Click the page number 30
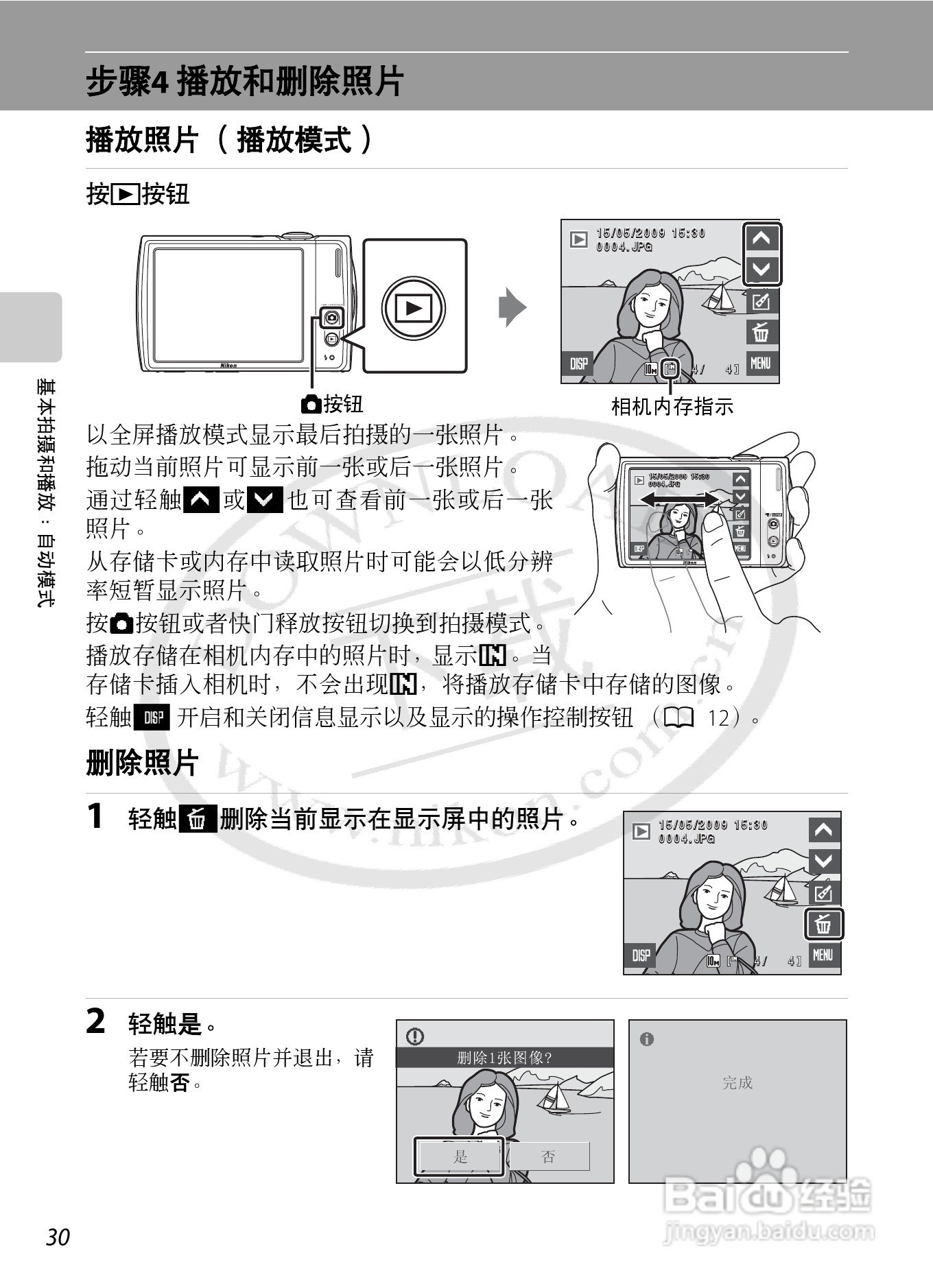coord(58,1237)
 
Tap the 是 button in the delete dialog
coord(459,1156)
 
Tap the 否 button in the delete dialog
coord(548,1156)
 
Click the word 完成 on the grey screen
coord(737,1082)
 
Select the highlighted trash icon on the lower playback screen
coord(823,925)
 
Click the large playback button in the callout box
coord(414,308)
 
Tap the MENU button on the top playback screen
coord(761,363)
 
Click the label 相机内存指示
coord(672,407)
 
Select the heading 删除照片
coord(142,763)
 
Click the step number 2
coord(96,1021)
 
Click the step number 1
coord(95,816)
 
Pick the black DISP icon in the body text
coord(153,717)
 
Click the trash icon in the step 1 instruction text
coord(198,819)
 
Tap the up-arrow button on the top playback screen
coord(761,239)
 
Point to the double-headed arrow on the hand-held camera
coord(679,499)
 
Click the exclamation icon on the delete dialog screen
coord(415,1036)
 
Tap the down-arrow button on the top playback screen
coord(761,269)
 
